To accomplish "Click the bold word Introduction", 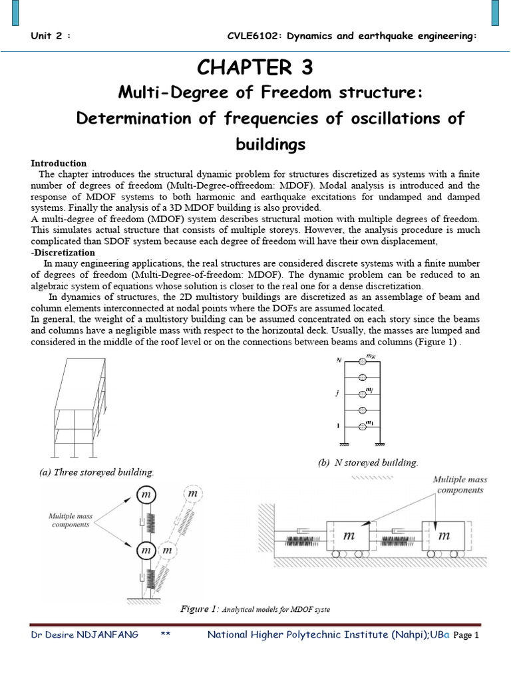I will tap(59, 163).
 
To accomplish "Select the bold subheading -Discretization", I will tap(63, 253).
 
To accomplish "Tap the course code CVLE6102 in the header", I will tap(250, 36).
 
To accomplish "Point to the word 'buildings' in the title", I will tap(271, 144).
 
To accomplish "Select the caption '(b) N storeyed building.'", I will tap(367, 462).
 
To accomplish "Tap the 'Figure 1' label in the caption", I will tap(199, 609).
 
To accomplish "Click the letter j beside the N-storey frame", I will tap(339, 393).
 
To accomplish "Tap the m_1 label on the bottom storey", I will tap(370, 424).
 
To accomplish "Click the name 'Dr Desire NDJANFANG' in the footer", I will tap(85, 635).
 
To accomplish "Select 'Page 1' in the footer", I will tap(466, 636).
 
